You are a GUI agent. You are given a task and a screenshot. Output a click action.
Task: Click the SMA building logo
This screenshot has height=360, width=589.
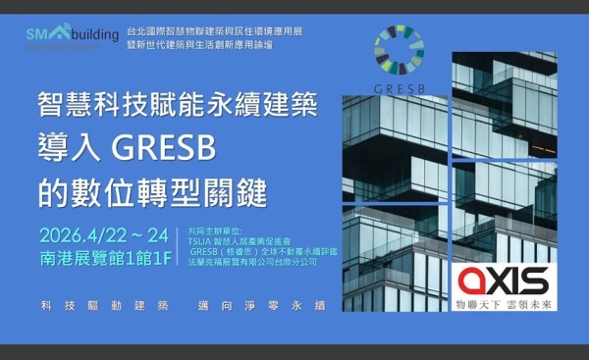pyautogui.click(x=62, y=36)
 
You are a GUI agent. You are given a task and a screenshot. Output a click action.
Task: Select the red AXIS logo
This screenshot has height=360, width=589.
pyautogui.click(x=504, y=282)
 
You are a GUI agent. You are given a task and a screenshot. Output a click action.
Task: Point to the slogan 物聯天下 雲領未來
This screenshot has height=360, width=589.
pyautogui.click(x=504, y=305)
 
